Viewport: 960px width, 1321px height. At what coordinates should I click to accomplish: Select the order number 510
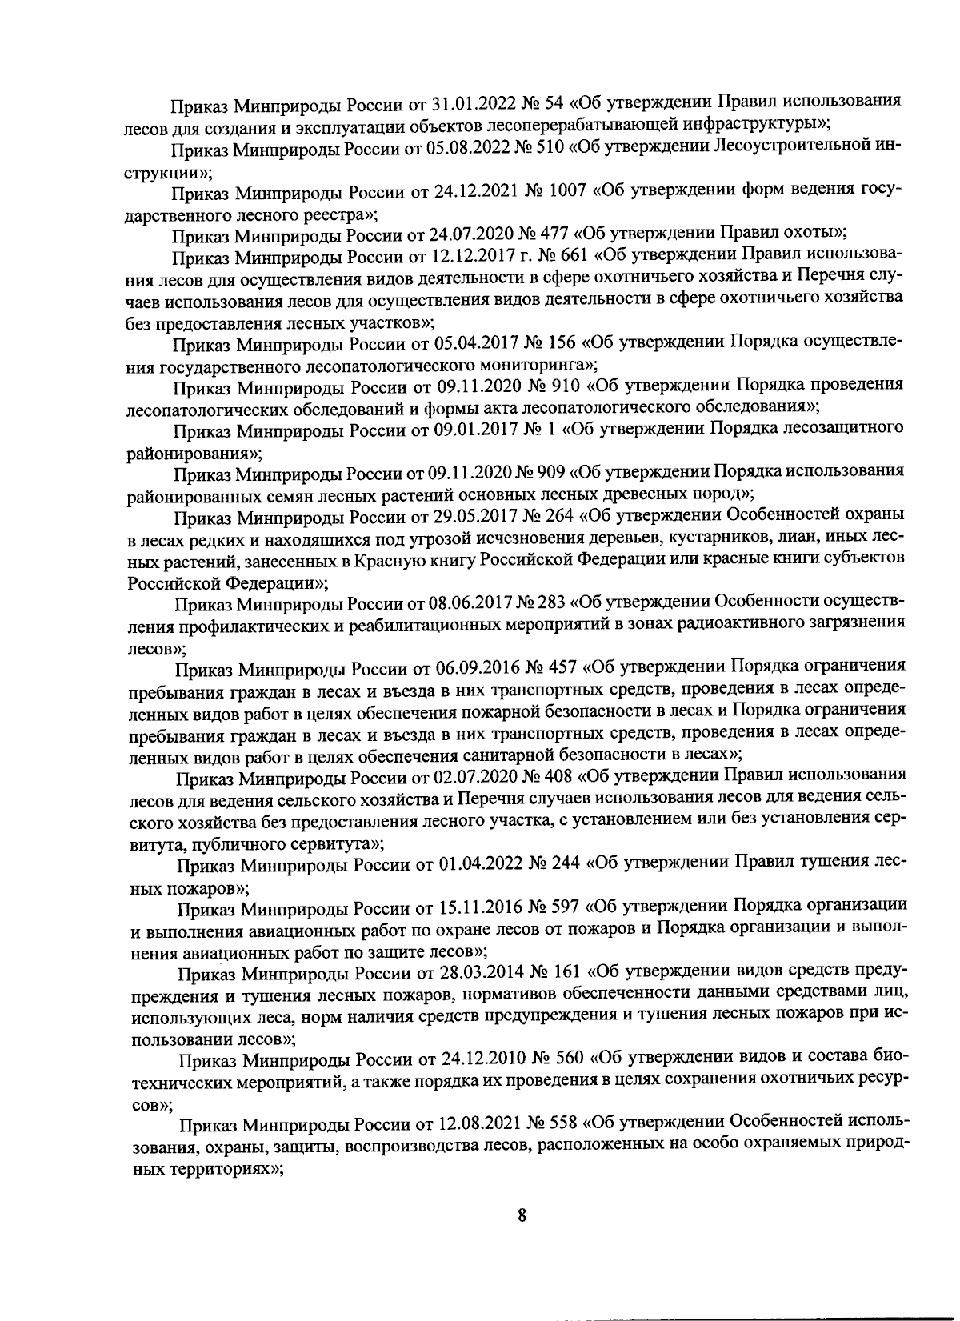coord(566,148)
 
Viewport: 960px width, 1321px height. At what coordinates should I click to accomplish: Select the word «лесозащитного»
coord(846,428)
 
